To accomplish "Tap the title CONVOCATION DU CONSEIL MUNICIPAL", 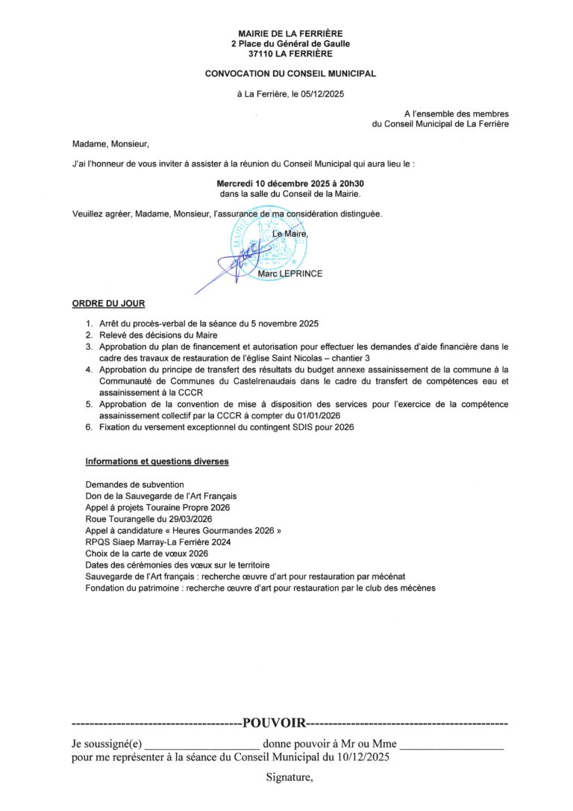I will [x=290, y=74].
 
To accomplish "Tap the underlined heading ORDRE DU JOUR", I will [x=108, y=304].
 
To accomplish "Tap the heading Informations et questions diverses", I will [x=157, y=462].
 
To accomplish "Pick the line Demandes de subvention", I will [x=134, y=485].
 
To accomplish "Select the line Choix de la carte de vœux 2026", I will [x=146, y=554].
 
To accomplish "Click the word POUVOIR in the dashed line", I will [x=274, y=723].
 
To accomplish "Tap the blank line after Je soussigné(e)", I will [x=201, y=744].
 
